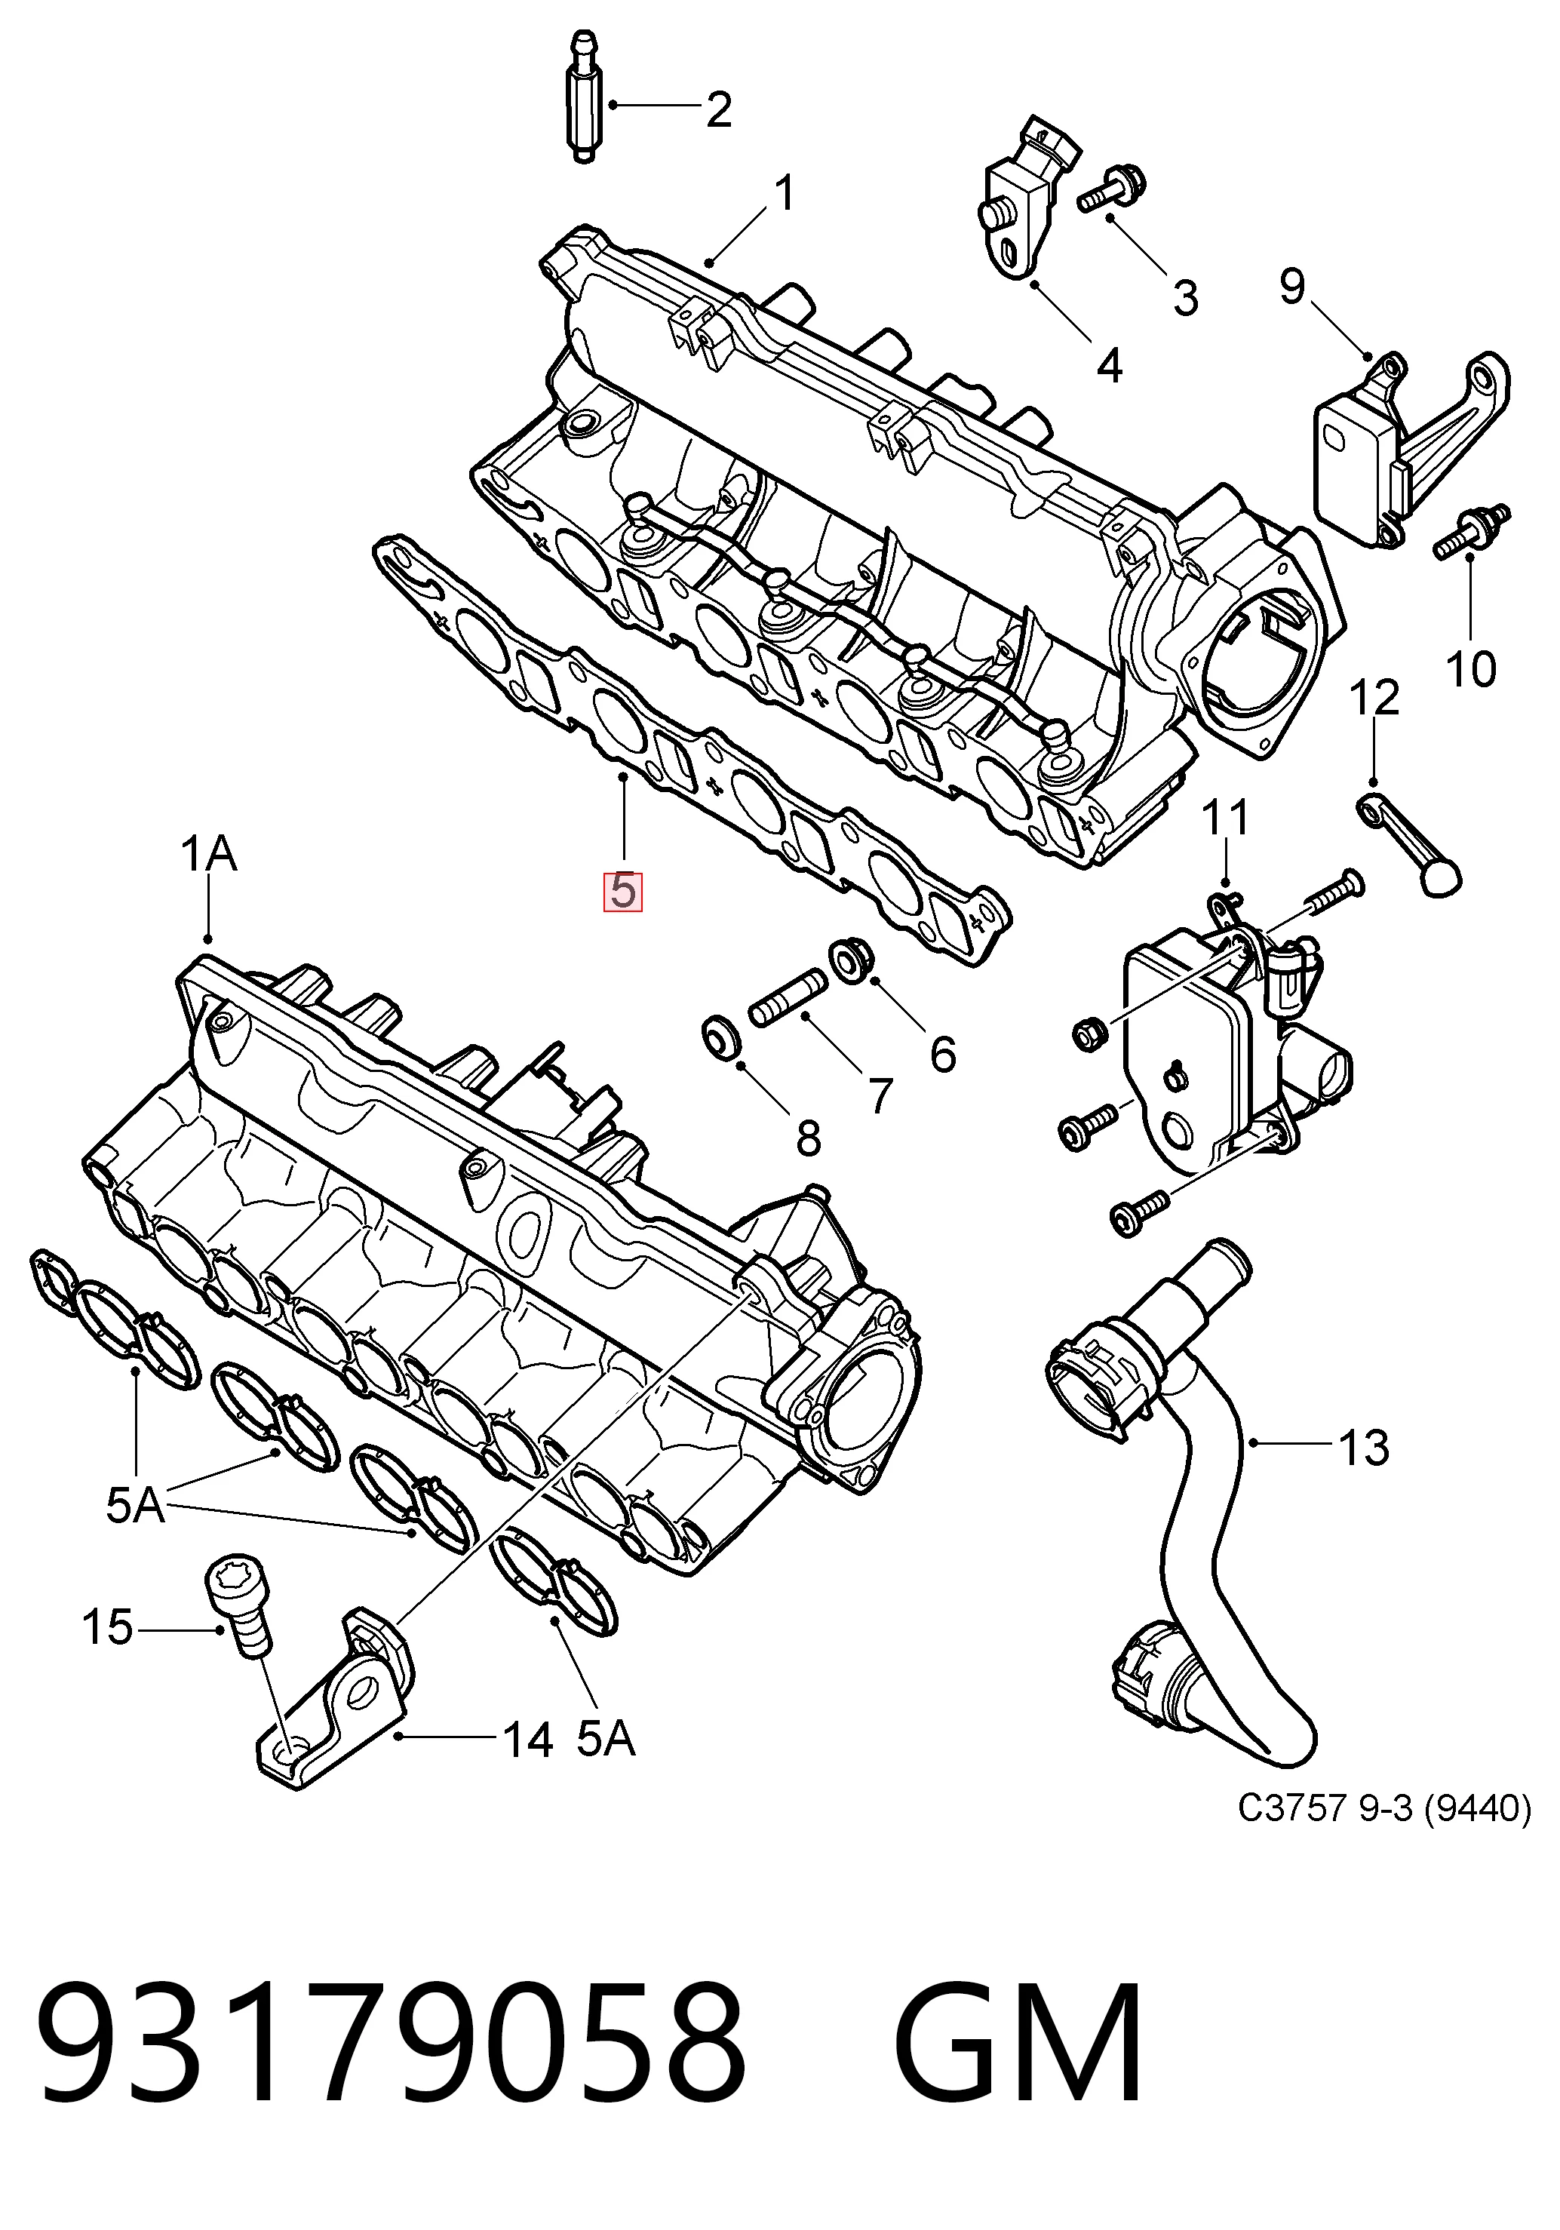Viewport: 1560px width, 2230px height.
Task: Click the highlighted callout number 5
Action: (622, 892)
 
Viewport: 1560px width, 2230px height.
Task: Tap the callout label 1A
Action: (209, 855)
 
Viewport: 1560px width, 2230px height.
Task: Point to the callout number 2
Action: (719, 109)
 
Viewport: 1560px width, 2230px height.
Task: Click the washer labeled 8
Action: (722, 1038)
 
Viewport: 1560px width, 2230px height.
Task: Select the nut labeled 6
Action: (851, 959)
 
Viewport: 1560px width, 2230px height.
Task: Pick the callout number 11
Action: (1226, 818)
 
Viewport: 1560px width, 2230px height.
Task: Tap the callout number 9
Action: (1293, 286)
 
